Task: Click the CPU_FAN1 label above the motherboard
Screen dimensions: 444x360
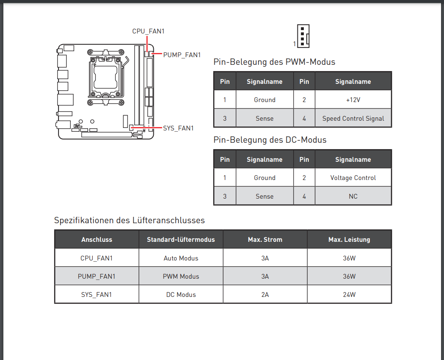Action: click(x=148, y=31)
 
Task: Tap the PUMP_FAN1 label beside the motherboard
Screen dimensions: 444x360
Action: click(x=182, y=55)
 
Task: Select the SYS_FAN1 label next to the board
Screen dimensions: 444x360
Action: click(x=178, y=128)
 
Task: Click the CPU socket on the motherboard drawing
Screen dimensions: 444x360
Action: click(x=105, y=77)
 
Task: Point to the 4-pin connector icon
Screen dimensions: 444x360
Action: click(x=303, y=36)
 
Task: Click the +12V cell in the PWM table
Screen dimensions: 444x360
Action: click(x=353, y=100)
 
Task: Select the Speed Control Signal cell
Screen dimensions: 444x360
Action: click(x=353, y=118)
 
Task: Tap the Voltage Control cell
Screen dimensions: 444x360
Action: click(x=353, y=178)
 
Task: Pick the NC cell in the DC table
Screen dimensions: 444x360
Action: click(x=353, y=197)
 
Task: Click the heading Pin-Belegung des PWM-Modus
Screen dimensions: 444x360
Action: click(x=274, y=62)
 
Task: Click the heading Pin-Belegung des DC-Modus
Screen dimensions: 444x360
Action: click(x=270, y=140)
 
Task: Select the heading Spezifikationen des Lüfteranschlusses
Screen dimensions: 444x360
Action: click(x=129, y=220)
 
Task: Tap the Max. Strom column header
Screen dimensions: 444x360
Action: click(x=265, y=239)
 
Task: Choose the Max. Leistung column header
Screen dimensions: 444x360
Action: click(x=349, y=239)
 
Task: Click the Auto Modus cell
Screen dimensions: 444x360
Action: click(x=181, y=258)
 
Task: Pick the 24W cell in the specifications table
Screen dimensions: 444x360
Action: click(x=349, y=295)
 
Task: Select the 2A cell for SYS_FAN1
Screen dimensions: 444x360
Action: click(x=265, y=295)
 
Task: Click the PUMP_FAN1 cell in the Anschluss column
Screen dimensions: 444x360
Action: click(x=97, y=276)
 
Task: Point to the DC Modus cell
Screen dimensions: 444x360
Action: click(x=181, y=295)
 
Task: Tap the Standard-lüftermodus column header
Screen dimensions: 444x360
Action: click(x=181, y=239)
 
